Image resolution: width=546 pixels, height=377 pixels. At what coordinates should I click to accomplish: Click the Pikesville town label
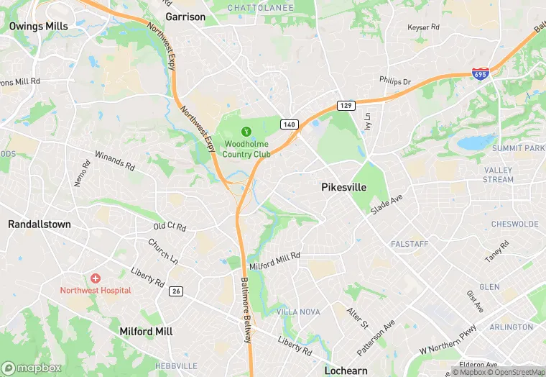point(343,187)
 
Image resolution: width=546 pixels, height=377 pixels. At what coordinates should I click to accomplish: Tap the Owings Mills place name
point(38,26)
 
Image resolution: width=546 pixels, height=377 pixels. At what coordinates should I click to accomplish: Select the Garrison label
point(185,17)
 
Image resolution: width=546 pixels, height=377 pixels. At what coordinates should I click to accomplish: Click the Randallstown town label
point(40,224)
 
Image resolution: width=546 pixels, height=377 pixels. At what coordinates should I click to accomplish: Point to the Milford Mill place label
point(146,332)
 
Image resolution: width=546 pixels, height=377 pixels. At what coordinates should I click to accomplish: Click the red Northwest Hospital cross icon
point(96,278)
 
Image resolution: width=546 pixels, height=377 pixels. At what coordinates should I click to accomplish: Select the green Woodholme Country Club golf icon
point(246,131)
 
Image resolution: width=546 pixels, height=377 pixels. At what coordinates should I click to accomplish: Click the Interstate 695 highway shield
point(481,74)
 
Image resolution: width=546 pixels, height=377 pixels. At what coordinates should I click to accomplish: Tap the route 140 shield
point(290,124)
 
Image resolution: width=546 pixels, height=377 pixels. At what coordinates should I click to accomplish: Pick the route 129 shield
point(346,106)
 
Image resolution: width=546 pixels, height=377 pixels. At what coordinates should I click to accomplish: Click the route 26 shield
point(176,291)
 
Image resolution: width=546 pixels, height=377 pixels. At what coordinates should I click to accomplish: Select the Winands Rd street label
point(115,161)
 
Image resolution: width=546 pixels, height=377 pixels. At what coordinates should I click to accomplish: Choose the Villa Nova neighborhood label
point(298,312)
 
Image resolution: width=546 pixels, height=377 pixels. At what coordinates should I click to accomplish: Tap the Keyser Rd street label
point(423,27)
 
